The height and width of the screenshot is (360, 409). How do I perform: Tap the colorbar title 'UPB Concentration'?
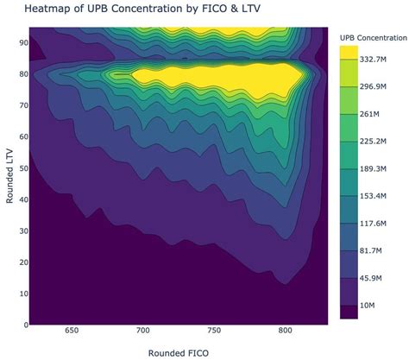374,39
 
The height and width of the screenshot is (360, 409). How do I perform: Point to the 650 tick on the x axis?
72,332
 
